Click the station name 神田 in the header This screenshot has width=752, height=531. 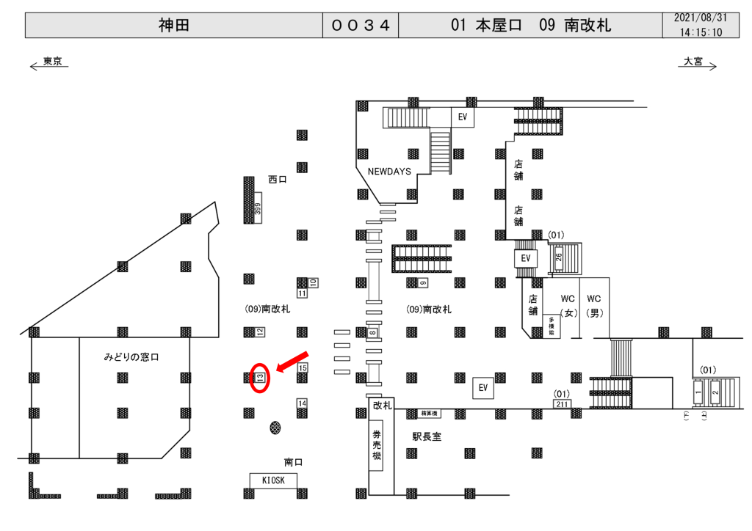(174, 26)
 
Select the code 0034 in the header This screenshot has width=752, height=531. (360, 26)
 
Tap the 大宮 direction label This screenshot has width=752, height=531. (693, 62)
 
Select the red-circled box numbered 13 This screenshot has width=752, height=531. (260, 378)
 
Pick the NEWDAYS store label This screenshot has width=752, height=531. (389, 171)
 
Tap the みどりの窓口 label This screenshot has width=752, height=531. (131, 357)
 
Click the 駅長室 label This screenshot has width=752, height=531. (427, 436)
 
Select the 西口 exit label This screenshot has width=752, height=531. (277, 179)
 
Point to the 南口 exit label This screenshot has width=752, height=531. (294, 462)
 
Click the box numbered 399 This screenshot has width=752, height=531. (257, 209)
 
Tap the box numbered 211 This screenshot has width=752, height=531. (563, 403)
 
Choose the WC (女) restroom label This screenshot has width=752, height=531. (568, 305)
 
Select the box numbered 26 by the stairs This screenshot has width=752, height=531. (558, 257)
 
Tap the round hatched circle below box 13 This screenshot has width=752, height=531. (275, 427)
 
